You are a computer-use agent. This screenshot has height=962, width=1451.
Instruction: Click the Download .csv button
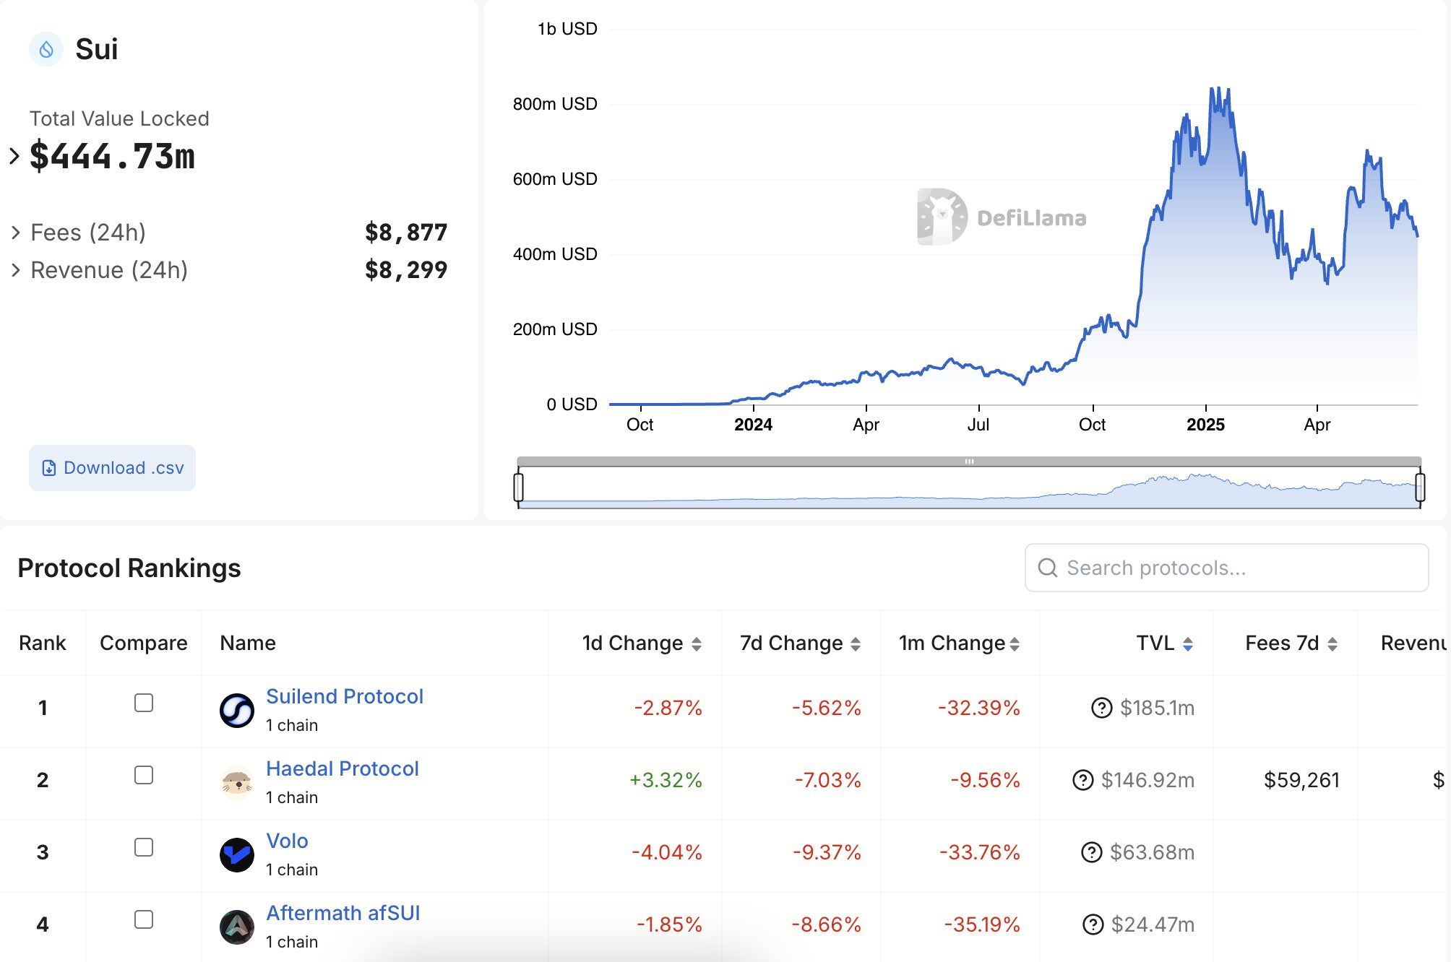[112, 468]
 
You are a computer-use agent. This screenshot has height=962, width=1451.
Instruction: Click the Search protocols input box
[1226, 568]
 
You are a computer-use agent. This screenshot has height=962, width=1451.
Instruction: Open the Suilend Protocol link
[344, 696]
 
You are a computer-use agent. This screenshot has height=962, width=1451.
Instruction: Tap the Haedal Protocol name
[342, 768]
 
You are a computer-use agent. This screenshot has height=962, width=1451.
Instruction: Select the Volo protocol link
[287, 841]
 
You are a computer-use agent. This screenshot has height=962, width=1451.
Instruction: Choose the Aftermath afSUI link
[343, 913]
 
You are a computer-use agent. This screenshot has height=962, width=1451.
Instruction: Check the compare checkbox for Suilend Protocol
[144, 703]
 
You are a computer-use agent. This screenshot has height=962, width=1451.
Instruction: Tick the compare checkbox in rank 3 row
[144, 847]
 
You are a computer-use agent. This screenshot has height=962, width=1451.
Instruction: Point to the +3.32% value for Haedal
[666, 780]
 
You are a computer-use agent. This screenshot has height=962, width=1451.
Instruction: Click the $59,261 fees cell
[1301, 780]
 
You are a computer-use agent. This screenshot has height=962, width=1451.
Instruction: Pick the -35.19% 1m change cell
[981, 924]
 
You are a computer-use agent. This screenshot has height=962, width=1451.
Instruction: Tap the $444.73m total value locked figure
[112, 156]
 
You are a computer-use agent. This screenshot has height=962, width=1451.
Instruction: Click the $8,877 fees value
[406, 233]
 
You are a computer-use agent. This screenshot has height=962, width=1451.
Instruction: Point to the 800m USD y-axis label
[555, 104]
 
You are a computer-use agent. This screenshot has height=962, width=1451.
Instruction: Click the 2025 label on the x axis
[1205, 425]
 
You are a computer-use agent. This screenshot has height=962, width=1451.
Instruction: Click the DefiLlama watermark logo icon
[942, 217]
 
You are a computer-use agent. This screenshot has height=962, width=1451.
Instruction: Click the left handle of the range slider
[518, 486]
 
